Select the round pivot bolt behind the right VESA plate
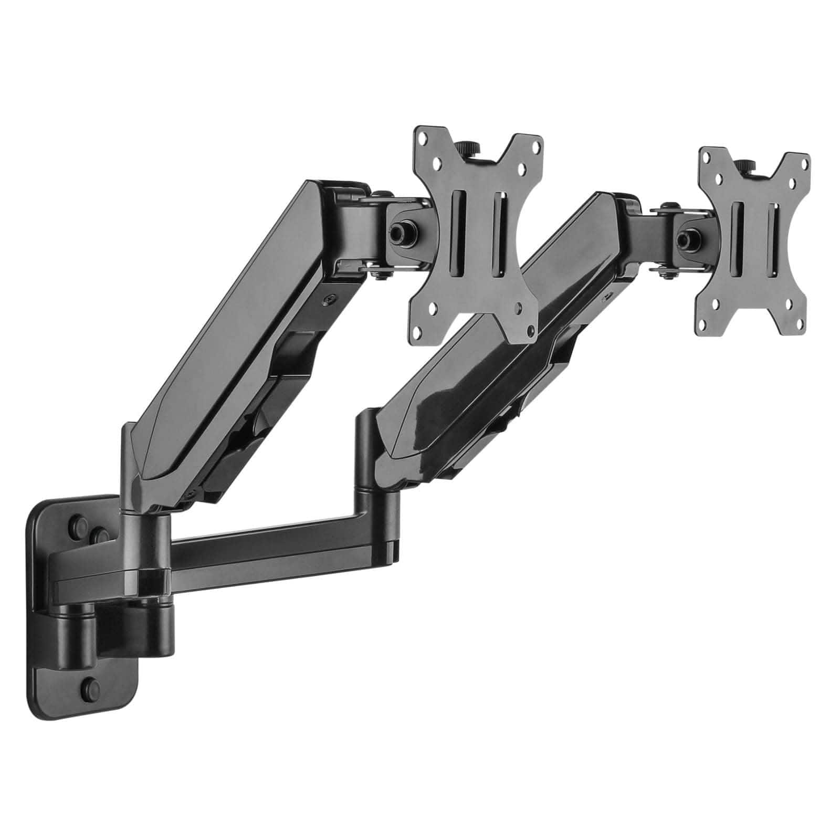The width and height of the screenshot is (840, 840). click(x=684, y=238)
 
